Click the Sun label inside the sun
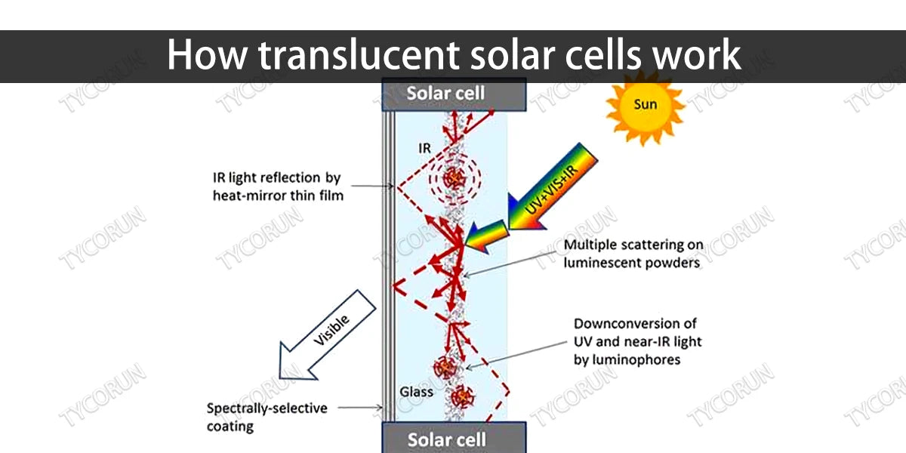(x=645, y=104)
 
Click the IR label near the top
(x=424, y=148)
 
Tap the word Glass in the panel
(x=416, y=392)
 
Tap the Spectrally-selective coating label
(x=267, y=417)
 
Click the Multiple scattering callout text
(x=633, y=245)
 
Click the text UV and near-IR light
(x=637, y=341)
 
